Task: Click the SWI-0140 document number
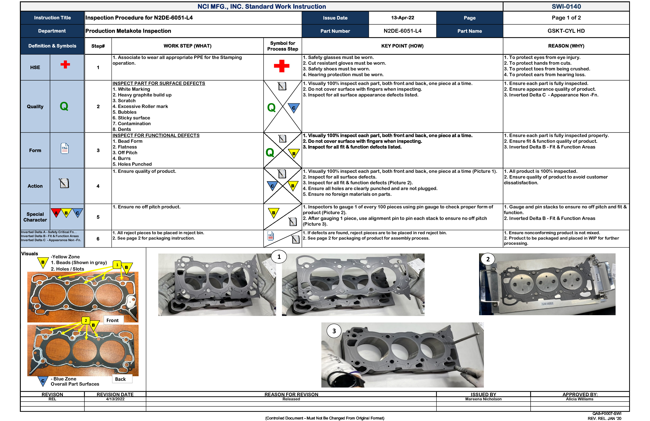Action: (x=566, y=6)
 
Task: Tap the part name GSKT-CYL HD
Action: (x=566, y=31)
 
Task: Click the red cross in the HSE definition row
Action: (x=65, y=64)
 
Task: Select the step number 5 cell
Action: (x=98, y=217)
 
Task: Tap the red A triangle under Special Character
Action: (x=56, y=212)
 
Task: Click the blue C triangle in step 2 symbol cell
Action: (x=294, y=107)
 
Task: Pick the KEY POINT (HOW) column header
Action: (x=402, y=46)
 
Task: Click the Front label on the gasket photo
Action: (x=113, y=320)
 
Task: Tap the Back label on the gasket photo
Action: (x=120, y=379)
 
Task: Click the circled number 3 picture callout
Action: (x=334, y=331)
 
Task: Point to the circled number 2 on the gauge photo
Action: (x=488, y=259)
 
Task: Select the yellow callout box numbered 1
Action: (x=117, y=265)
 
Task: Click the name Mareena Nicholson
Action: (x=483, y=399)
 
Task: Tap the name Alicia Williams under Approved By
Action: (x=579, y=399)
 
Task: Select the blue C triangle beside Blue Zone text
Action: (x=43, y=381)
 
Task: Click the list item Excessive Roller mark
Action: (x=143, y=106)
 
